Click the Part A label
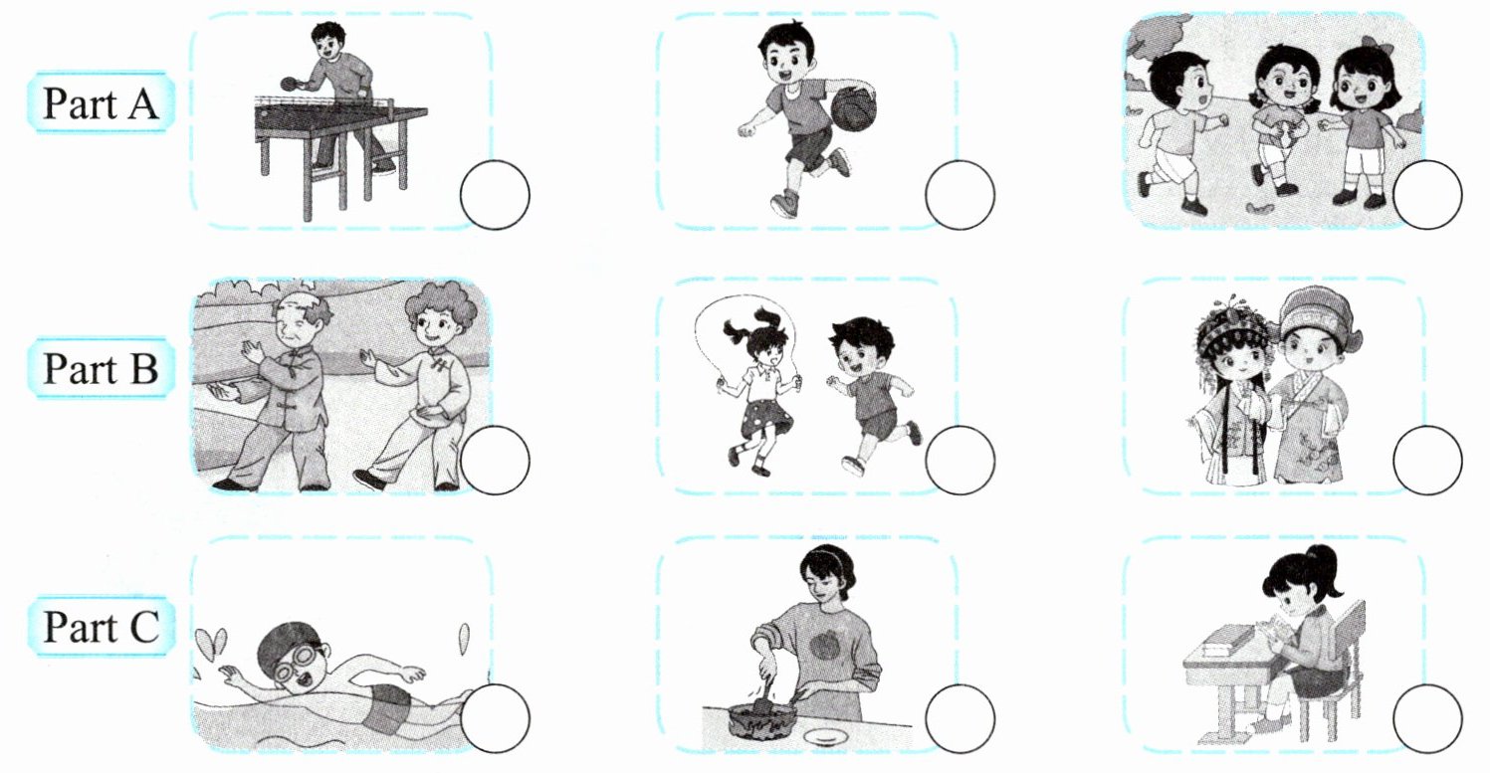[101, 103]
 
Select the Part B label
[101, 368]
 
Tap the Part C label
[102, 626]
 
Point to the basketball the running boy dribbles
[853, 109]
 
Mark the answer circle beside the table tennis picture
[495, 195]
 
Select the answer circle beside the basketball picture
[959, 195]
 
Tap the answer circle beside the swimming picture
[495, 718]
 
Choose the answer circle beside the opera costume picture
[1427, 461]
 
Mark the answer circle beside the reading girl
[1427, 718]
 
